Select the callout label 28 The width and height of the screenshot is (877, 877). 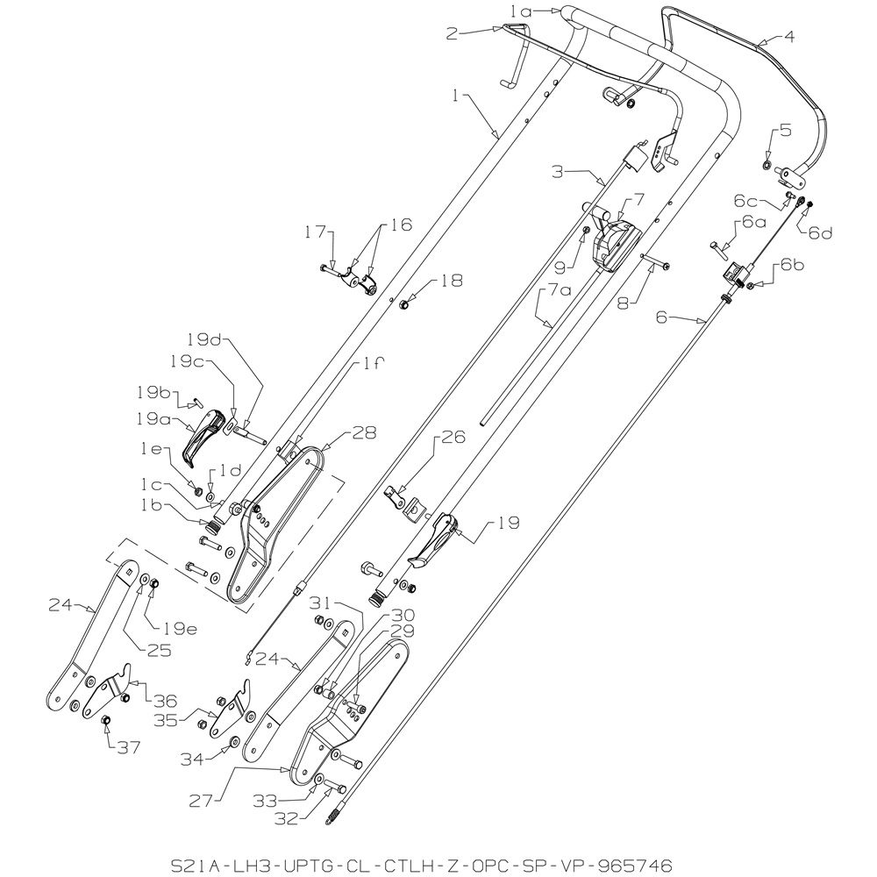pyautogui.click(x=364, y=432)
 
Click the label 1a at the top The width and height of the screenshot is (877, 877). pyautogui.click(x=521, y=11)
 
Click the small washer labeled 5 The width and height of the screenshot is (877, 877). pyautogui.click(x=766, y=165)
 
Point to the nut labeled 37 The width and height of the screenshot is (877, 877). pyautogui.click(x=104, y=719)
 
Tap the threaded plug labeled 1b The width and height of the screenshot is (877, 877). pyautogui.click(x=212, y=527)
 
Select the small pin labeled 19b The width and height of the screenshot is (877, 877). pyautogui.click(x=196, y=401)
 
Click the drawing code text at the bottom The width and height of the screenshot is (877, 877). pyautogui.click(x=421, y=866)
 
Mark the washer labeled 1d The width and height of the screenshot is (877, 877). pyautogui.click(x=210, y=496)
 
